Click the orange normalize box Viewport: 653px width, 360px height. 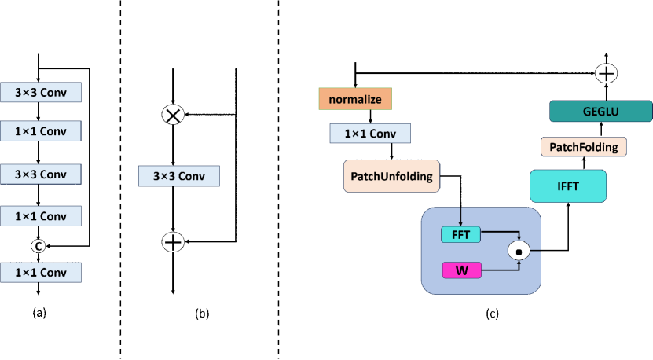[x=354, y=99]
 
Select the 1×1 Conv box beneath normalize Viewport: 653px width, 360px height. [x=369, y=134]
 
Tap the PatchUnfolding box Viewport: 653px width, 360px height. [x=391, y=176]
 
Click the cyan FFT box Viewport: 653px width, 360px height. [x=460, y=234]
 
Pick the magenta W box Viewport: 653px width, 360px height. [x=461, y=270]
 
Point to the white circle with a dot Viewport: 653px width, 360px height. [x=519, y=251]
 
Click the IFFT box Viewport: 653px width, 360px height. [x=567, y=186]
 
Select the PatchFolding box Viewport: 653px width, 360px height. [x=583, y=147]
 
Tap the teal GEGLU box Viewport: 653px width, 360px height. [x=600, y=112]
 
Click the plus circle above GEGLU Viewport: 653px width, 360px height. [x=606, y=74]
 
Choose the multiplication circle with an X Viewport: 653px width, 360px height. [x=172, y=116]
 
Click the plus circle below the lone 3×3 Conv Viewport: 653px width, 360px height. [x=172, y=242]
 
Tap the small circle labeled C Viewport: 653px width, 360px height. [x=38, y=246]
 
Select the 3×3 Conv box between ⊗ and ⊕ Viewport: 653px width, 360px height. [x=178, y=176]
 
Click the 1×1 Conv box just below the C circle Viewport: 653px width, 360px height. [x=40, y=273]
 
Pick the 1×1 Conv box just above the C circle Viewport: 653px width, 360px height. [x=40, y=216]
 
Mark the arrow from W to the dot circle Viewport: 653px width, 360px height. [x=500, y=270]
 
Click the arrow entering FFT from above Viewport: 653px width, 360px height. [x=460, y=216]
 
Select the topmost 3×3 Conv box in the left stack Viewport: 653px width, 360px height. [x=40, y=93]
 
